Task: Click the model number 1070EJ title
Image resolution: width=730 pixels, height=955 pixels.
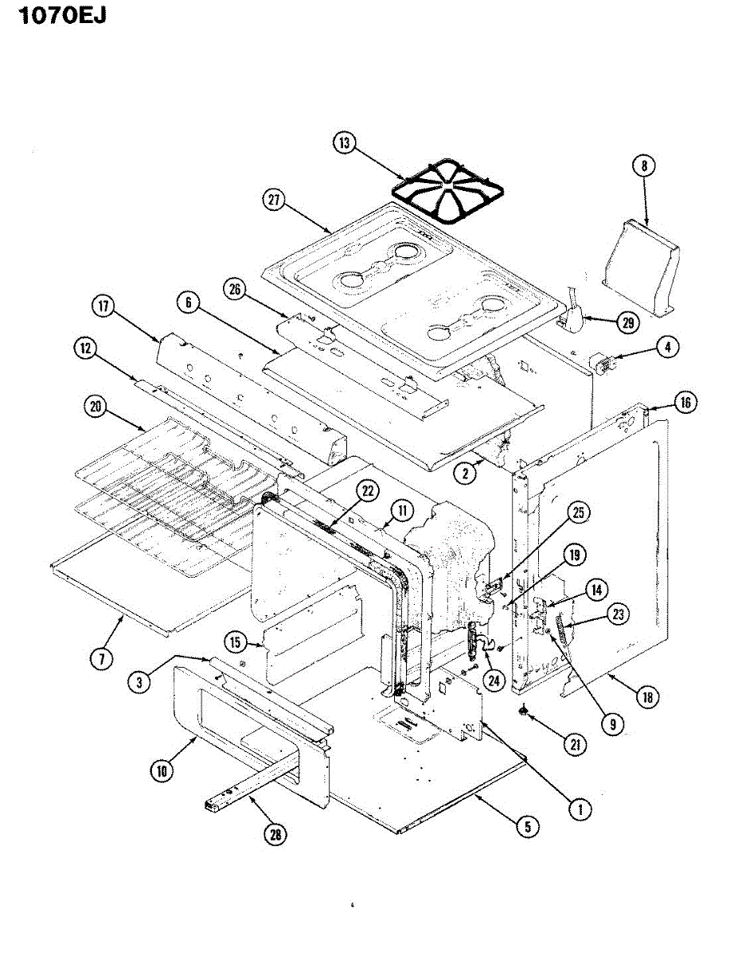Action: click(x=53, y=15)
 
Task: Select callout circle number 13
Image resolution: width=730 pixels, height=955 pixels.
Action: click(x=345, y=143)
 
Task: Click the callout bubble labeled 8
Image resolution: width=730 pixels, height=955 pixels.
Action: click(x=643, y=166)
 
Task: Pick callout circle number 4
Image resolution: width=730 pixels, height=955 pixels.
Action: click(x=667, y=347)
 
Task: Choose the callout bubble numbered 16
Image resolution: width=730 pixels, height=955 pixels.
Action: click(x=684, y=403)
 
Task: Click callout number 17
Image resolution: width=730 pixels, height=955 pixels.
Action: click(x=103, y=306)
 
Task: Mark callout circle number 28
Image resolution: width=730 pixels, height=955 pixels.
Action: click(x=275, y=833)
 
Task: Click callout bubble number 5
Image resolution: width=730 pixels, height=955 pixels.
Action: click(x=525, y=826)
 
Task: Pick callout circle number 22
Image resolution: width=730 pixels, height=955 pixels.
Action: click(x=367, y=490)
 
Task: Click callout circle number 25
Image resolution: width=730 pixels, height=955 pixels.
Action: click(x=578, y=513)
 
